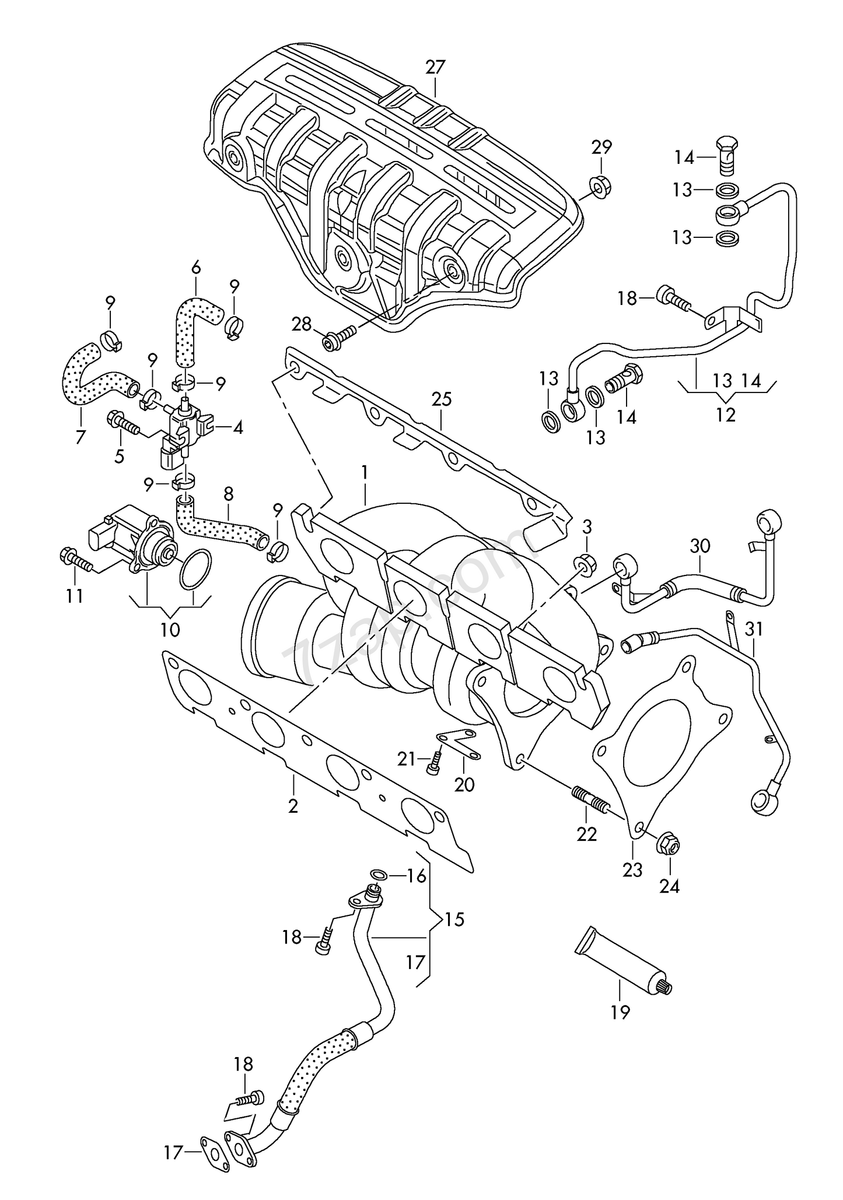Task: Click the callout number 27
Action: pyautogui.click(x=435, y=67)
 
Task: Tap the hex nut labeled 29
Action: pyautogui.click(x=597, y=186)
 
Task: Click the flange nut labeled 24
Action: pyautogui.click(x=669, y=844)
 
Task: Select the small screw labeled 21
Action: pyautogui.click(x=433, y=762)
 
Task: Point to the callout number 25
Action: pyautogui.click(x=442, y=399)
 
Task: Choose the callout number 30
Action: pyautogui.click(x=699, y=546)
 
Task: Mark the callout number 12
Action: pyautogui.click(x=726, y=415)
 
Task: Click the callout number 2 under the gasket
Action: pyautogui.click(x=293, y=806)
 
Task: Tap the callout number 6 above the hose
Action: pyautogui.click(x=196, y=268)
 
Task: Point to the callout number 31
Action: pyautogui.click(x=754, y=629)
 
